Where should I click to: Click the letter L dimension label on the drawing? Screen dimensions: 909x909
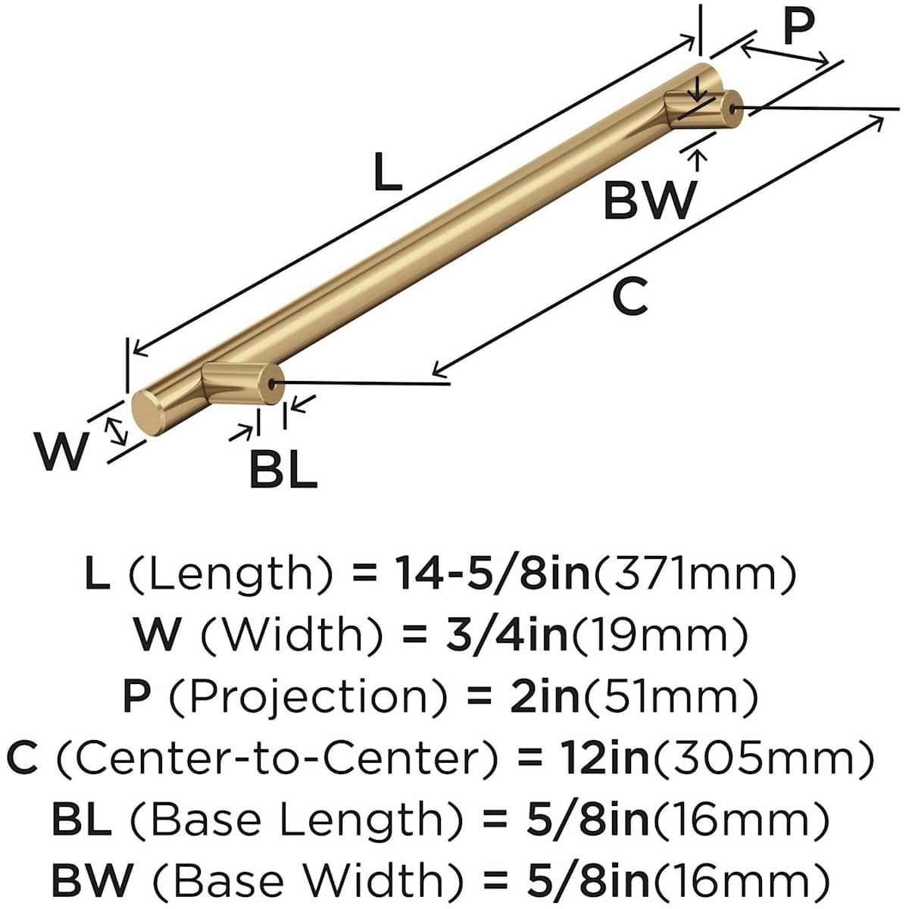pyautogui.click(x=387, y=172)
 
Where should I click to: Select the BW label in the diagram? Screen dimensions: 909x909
pyautogui.click(x=650, y=201)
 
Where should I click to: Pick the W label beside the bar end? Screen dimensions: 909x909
pyautogui.click(x=61, y=451)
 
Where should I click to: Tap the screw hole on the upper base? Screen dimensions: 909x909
pyautogui.click(x=732, y=108)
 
